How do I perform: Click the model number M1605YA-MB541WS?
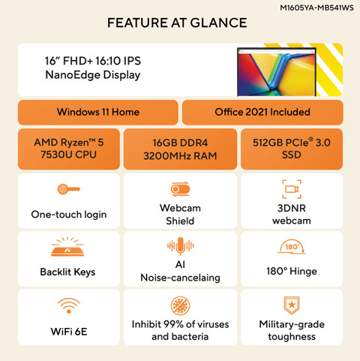point(316,8)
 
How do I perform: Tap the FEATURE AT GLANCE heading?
point(177,23)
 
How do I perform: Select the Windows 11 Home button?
point(98,112)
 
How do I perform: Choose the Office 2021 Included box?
point(262,112)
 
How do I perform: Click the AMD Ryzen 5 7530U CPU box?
point(69,149)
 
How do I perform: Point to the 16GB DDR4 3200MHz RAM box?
point(180,149)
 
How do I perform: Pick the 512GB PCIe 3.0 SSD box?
point(292,149)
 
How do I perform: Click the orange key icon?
point(69,189)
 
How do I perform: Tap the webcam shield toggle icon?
point(180,189)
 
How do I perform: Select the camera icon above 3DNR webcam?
point(292,189)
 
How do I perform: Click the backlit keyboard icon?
point(67,247)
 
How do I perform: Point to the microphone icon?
point(181,245)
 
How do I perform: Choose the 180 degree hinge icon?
point(292,247)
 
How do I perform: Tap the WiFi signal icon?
point(69,305)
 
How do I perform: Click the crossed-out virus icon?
point(180,305)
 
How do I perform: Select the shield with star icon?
point(292,305)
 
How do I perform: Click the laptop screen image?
point(277,72)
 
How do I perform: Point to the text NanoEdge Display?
point(93,75)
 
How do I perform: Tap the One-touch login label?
point(69,215)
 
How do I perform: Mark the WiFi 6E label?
point(69,332)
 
